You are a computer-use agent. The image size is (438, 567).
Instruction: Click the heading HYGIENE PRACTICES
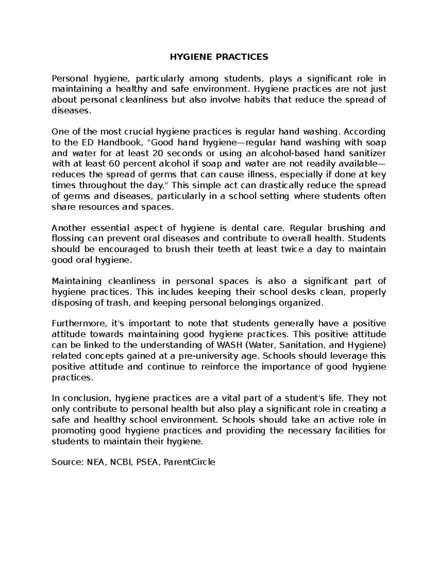[x=219, y=57]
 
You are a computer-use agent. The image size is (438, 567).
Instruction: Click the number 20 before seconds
[x=158, y=153]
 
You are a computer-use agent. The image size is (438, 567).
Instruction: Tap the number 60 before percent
[x=114, y=164]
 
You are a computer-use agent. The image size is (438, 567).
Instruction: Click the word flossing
[x=68, y=239]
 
